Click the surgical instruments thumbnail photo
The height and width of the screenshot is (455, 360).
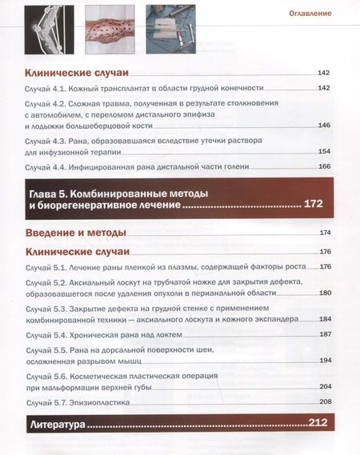point(170,20)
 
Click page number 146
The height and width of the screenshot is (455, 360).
point(324,125)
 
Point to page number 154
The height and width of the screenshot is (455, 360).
point(324,151)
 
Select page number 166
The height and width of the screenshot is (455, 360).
point(324,166)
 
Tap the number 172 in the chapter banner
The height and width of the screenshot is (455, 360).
point(314,205)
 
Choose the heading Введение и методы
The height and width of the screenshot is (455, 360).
point(76,233)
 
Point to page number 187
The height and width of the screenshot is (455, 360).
point(325,333)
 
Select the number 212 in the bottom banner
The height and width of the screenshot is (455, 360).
point(319,423)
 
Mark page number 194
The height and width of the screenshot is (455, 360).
point(325,360)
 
